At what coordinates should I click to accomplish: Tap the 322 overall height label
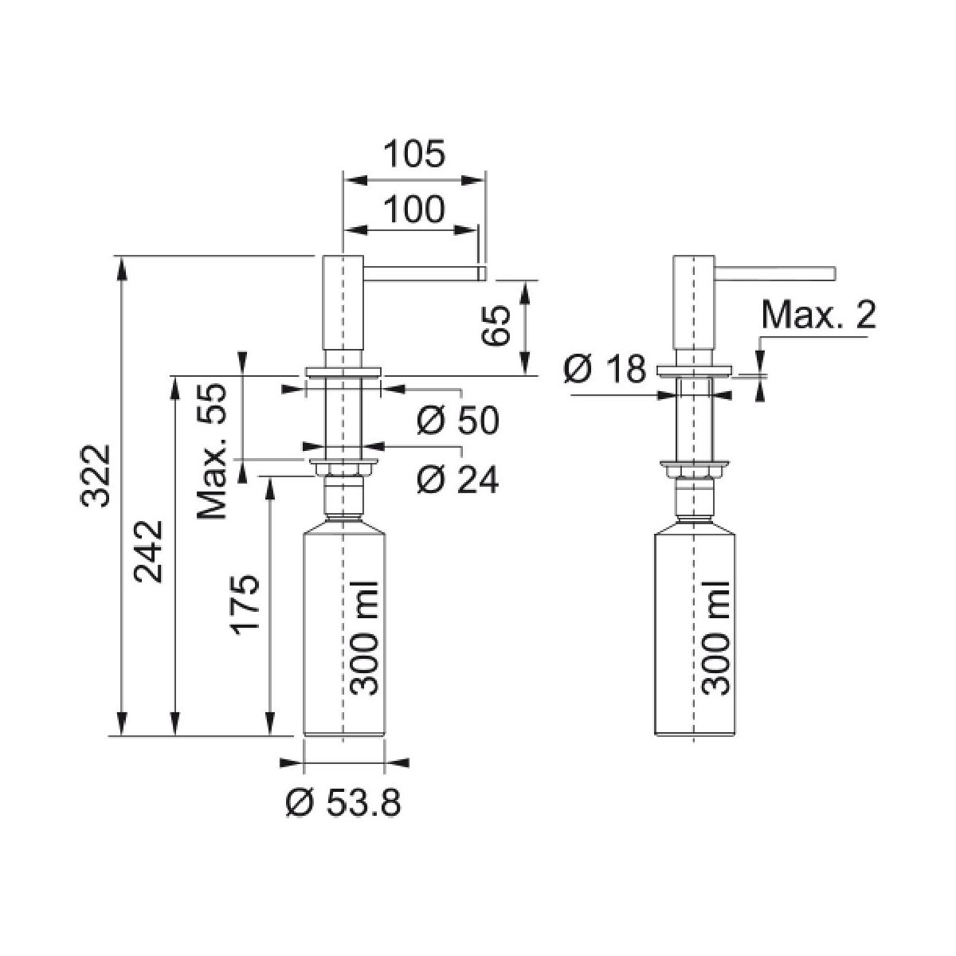(95, 476)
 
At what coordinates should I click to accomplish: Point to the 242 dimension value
(148, 551)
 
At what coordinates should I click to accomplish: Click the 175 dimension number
(245, 601)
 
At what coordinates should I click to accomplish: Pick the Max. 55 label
(213, 451)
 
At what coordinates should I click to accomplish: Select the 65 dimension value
(496, 325)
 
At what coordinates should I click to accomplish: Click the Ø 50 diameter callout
(457, 420)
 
